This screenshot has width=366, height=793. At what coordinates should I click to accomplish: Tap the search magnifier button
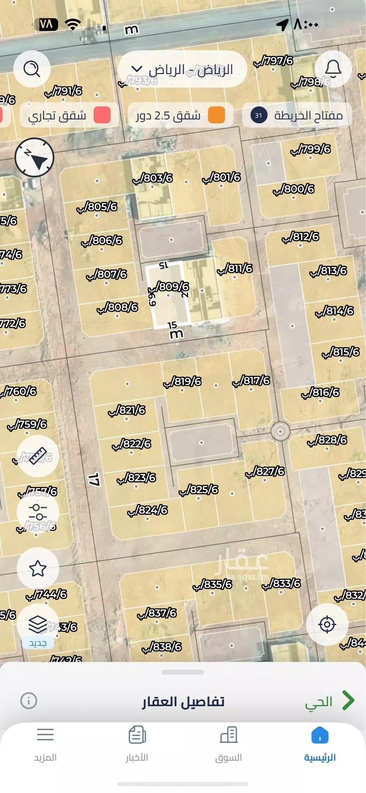pos(32,68)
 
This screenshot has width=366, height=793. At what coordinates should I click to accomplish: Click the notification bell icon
pos(333,68)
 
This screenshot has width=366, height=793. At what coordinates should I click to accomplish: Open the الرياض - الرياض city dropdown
pos(182,69)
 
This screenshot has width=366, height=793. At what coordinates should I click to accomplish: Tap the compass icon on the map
pos(34,157)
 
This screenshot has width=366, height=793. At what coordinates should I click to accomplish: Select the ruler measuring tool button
pos(38,456)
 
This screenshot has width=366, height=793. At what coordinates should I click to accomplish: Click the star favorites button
pos(38,568)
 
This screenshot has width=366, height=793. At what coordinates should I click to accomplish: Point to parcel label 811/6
pos(235,269)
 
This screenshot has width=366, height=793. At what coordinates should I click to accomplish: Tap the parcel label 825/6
pos(199,490)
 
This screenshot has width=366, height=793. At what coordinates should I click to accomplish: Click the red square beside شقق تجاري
pos(102,115)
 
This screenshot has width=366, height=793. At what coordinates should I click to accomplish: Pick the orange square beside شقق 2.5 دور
pos(216,115)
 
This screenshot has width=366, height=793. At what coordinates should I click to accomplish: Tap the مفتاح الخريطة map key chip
pos(297,115)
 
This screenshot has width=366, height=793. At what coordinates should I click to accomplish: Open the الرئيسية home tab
pos(320,743)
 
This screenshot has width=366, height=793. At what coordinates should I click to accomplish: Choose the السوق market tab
pos(229,743)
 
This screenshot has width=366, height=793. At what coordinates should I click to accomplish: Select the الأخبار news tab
pos(137,743)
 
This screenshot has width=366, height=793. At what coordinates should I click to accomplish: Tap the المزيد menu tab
pos(45,743)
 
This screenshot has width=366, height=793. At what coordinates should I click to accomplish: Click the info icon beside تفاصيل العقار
pos(29,701)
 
